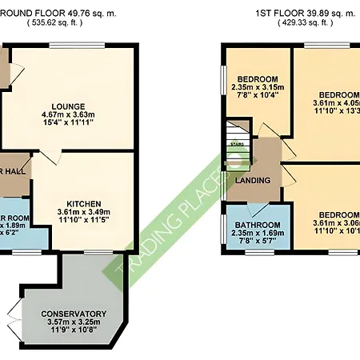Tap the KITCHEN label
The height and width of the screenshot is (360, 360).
(x=82, y=204)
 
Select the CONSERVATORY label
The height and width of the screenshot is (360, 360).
(x=74, y=314)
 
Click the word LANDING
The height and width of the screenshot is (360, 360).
(x=252, y=181)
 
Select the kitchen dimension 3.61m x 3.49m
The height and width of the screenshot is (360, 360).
(x=82, y=213)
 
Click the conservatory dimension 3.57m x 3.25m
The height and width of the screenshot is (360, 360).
(x=74, y=322)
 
